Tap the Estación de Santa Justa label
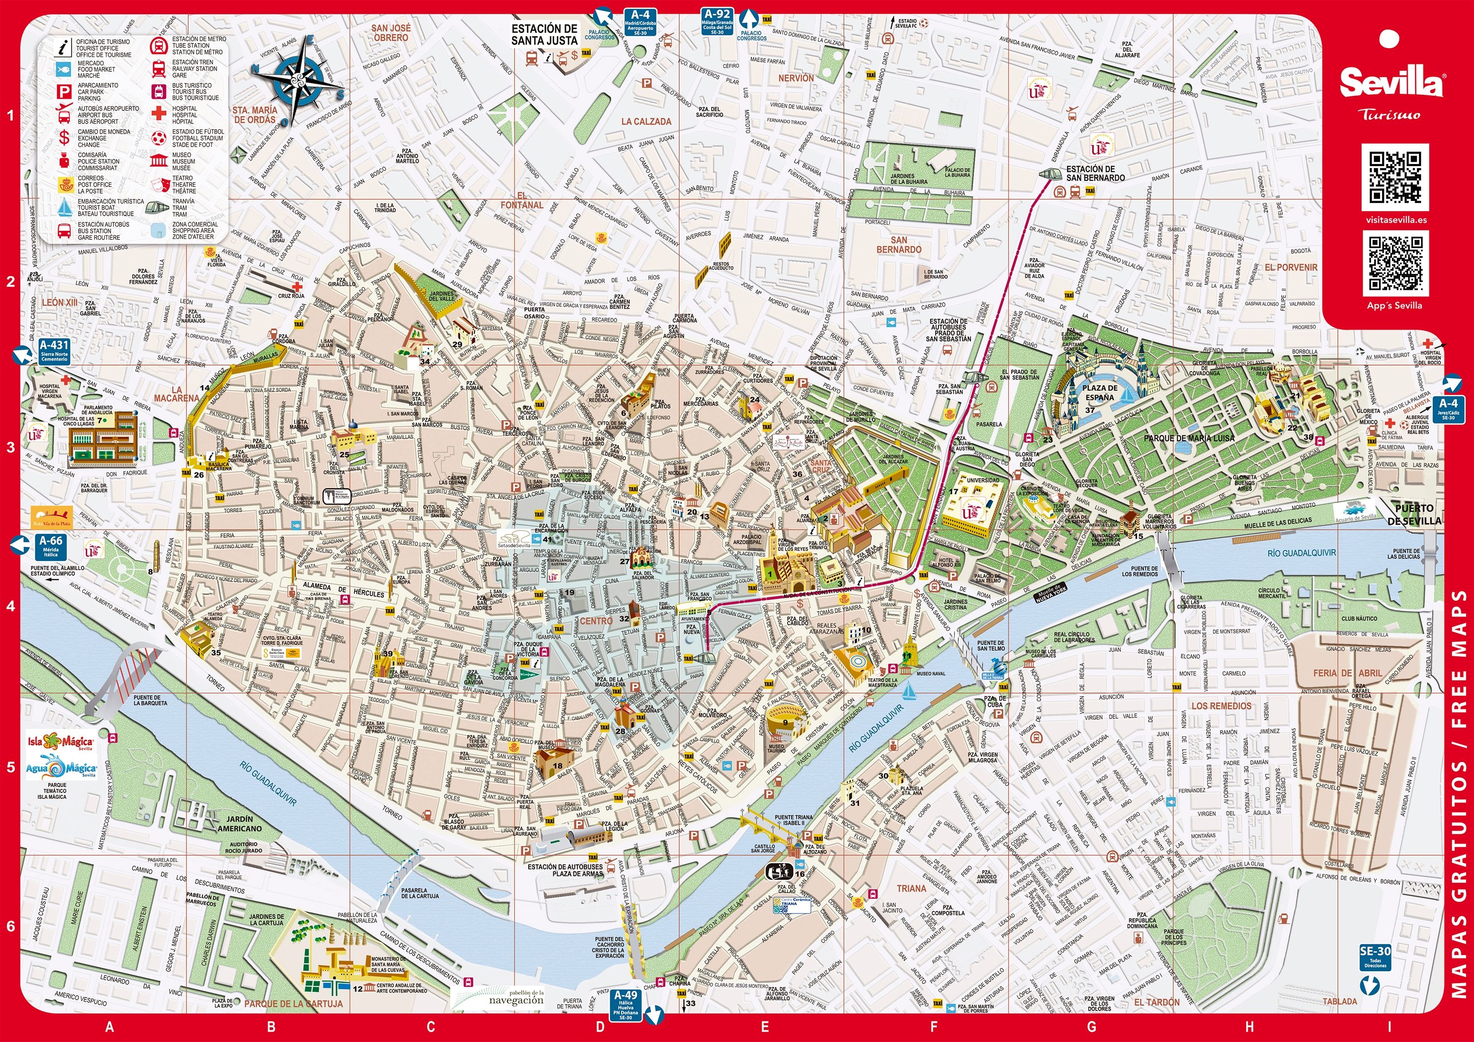pyautogui.click(x=544, y=35)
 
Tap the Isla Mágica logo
pyautogui.click(x=60, y=742)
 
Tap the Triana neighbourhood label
pyautogui.click(x=911, y=889)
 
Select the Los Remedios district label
pyautogui.click(x=1221, y=705)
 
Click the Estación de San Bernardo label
pyautogui.click(x=1095, y=173)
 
